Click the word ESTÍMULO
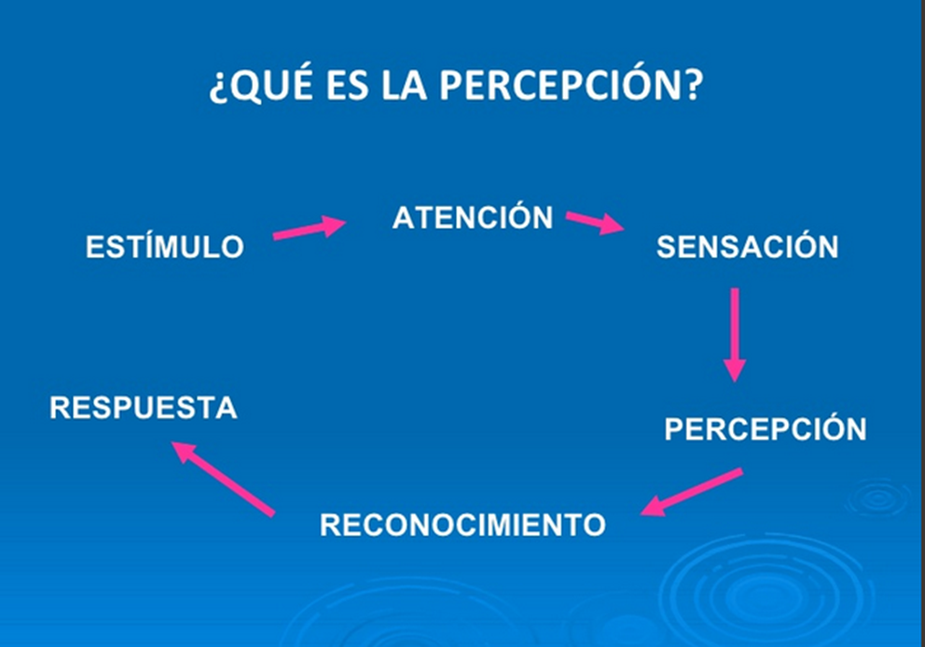[165, 247]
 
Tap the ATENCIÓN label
[473, 217]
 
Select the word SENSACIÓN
[747, 247]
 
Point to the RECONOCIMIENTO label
[462, 525]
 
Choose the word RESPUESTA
[144, 408]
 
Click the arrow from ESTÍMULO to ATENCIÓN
[309, 228]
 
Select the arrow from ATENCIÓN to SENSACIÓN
[595, 223]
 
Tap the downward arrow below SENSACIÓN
[735, 333]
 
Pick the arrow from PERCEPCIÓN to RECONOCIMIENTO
[692, 491]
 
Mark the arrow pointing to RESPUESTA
[223, 478]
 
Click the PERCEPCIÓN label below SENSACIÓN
[765, 429]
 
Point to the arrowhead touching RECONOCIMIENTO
[653, 507]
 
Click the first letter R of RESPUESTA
[61, 408]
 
